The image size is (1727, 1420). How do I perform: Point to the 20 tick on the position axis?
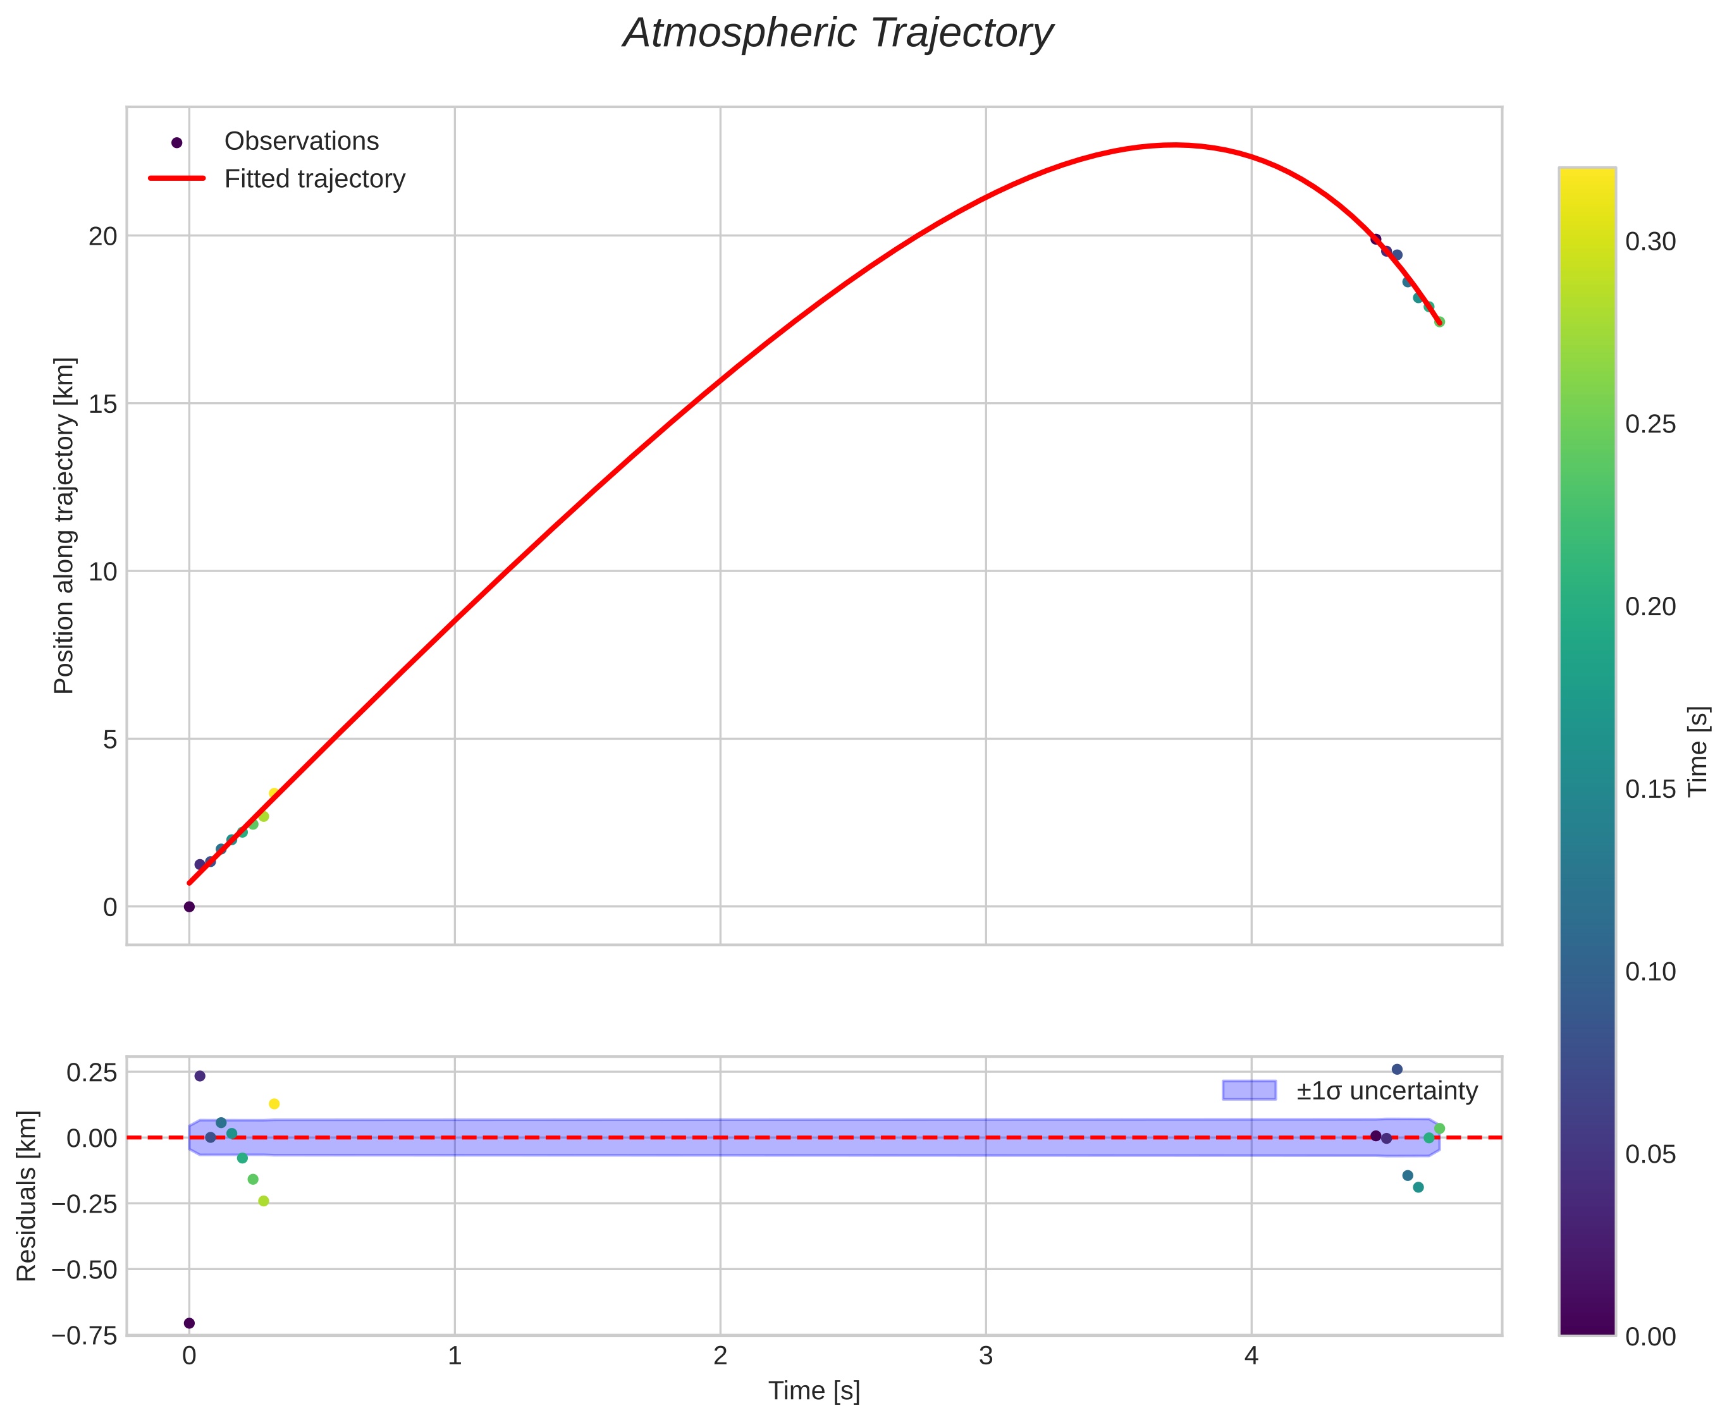(x=103, y=236)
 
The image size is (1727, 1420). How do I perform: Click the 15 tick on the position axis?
(x=103, y=404)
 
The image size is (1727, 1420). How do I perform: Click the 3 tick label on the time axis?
(x=986, y=1357)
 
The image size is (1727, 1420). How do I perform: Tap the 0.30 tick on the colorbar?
(x=1650, y=242)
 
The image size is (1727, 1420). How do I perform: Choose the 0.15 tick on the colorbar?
(x=1650, y=789)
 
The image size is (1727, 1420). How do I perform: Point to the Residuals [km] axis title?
(x=27, y=1196)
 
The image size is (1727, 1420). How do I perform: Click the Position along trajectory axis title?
(x=64, y=525)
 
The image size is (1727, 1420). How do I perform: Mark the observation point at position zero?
(x=189, y=907)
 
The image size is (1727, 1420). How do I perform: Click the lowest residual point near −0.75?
(x=189, y=1323)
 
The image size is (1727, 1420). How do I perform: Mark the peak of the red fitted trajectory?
(x=1174, y=145)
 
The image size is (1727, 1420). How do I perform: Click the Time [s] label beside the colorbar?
(x=1699, y=751)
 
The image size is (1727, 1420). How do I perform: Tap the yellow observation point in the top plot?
(x=274, y=793)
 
